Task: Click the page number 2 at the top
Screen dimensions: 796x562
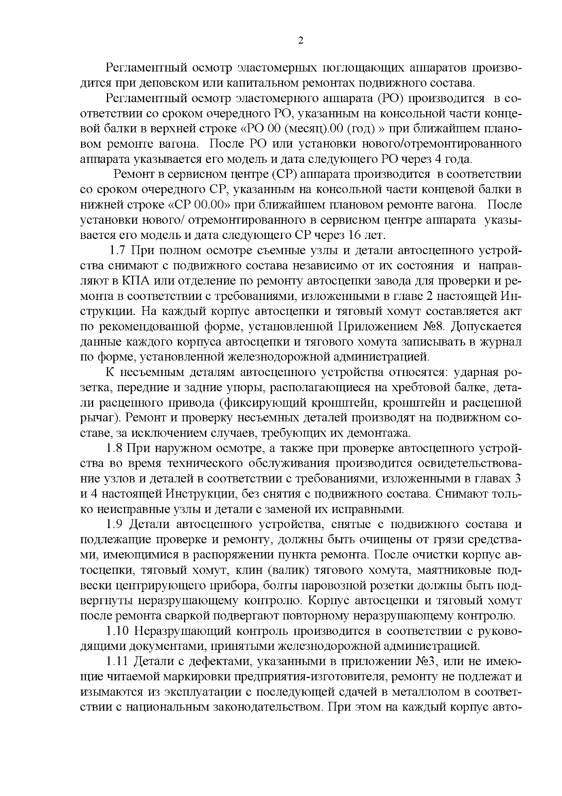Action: (x=300, y=41)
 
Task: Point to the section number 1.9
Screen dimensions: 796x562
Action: (x=114, y=525)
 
